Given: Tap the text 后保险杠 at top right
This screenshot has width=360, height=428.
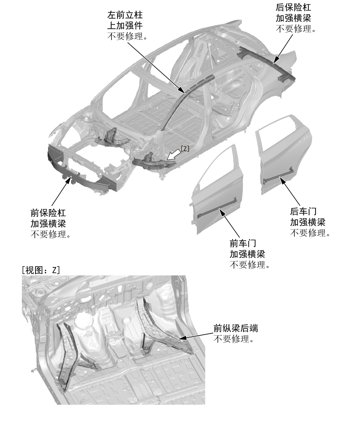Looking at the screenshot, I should [293, 8].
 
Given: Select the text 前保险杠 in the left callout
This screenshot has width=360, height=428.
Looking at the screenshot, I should [48, 213].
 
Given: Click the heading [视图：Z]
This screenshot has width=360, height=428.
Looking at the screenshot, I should [41, 270].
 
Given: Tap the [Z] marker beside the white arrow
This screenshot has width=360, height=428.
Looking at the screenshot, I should [185, 149].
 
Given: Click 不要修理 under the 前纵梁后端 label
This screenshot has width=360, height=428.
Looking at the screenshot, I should [234, 338].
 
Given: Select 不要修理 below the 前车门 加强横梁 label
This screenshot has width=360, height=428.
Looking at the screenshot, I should [249, 265].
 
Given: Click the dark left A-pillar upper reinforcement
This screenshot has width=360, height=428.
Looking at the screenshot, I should [183, 97].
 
